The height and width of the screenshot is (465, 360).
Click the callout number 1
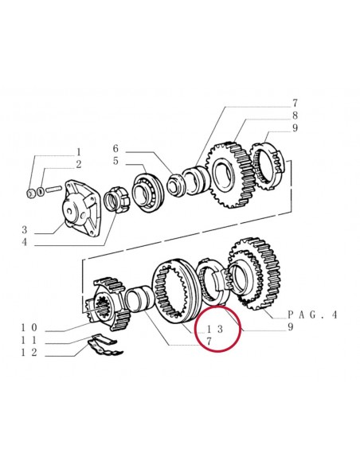(78, 151)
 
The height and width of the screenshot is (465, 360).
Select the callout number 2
(78, 164)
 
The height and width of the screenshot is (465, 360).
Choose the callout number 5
(115, 162)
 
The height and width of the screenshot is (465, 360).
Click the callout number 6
(115, 149)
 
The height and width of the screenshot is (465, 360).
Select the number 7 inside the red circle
(209, 341)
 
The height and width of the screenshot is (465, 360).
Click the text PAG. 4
(311, 315)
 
